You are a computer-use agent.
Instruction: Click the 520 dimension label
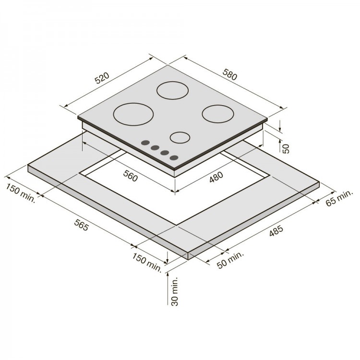pos(102,78)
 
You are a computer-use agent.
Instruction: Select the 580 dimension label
pos(229,74)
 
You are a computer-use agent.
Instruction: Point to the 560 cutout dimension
pos(131,176)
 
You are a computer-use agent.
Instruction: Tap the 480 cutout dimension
pos(216,177)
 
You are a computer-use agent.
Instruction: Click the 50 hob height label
pos(286,148)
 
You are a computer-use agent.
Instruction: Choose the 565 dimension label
pos(81,225)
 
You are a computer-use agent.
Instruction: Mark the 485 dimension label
pos(276,231)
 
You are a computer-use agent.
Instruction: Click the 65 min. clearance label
pos(339,198)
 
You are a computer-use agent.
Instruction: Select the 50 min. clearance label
pos(230,260)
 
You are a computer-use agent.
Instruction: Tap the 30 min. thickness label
pos(175,291)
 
